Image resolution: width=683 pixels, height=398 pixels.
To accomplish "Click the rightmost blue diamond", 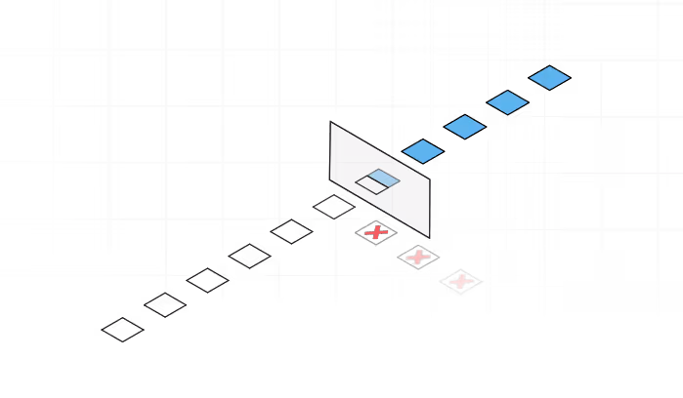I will click(x=549, y=78).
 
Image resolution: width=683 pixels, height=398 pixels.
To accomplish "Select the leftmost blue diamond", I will click(x=423, y=151).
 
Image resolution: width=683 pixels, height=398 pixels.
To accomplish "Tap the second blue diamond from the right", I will click(x=507, y=102).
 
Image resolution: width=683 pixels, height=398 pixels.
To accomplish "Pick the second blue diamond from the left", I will click(x=465, y=127).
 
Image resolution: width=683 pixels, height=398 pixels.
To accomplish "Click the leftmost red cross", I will click(x=376, y=232).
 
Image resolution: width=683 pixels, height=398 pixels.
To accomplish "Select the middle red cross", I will click(x=418, y=258).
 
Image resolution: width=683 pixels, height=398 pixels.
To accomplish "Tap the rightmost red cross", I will click(x=460, y=282).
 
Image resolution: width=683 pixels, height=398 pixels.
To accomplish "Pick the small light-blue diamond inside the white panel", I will click(x=383, y=178).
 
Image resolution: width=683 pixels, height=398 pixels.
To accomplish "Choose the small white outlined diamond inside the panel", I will click(x=372, y=184).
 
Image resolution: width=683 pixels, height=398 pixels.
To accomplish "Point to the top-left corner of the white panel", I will click(x=331, y=123).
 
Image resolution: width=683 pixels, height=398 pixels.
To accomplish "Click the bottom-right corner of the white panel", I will click(x=429, y=236).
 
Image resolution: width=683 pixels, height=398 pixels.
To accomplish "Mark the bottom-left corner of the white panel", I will click(x=331, y=179).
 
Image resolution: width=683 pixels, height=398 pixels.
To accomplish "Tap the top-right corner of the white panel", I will click(x=429, y=179).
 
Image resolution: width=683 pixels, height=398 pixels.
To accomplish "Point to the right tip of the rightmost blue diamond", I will click(x=570, y=78).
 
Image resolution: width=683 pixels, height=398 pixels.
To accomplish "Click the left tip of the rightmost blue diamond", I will click(x=530, y=78).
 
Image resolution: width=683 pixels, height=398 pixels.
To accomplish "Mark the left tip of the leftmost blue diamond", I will click(x=403, y=151).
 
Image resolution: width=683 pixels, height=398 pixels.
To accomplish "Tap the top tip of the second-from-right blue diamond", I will click(x=507, y=91).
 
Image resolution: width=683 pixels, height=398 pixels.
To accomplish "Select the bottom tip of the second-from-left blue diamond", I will click(x=465, y=139).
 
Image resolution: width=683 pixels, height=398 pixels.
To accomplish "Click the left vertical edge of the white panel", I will click(x=331, y=151).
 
